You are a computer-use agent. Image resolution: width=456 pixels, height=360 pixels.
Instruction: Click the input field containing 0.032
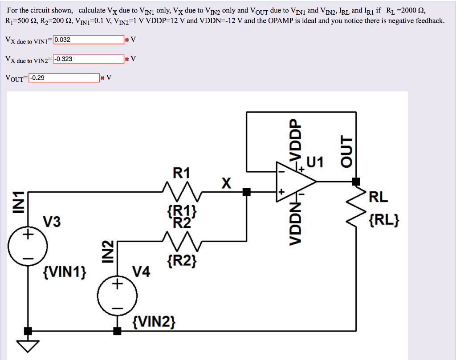pyautogui.click(x=88, y=40)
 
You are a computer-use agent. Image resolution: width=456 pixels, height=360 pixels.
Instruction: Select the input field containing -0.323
pyautogui.click(x=88, y=59)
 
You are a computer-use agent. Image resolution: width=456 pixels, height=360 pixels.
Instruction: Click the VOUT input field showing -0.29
pyautogui.click(x=64, y=78)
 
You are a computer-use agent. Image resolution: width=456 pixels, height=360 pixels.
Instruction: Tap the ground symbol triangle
pyautogui.click(x=28, y=345)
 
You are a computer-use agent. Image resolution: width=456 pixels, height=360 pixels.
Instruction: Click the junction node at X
pyautogui.click(x=245, y=192)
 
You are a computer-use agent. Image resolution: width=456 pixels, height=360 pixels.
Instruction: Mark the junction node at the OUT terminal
pyautogui.click(x=356, y=182)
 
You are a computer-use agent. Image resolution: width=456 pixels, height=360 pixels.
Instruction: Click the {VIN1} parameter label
pyautogui.click(x=65, y=271)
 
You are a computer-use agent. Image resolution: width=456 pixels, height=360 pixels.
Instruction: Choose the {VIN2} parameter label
pyautogui.click(x=155, y=321)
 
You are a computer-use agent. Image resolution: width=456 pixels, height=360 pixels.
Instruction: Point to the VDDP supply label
pyautogui.click(x=293, y=138)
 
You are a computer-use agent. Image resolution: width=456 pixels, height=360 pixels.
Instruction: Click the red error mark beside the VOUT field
pyautogui.click(x=102, y=78)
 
